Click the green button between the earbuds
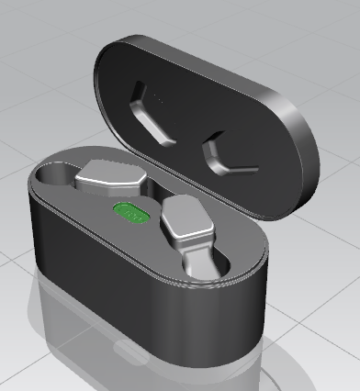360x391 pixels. click(x=131, y=213)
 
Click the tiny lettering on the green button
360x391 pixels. click(x=134, y=216)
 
